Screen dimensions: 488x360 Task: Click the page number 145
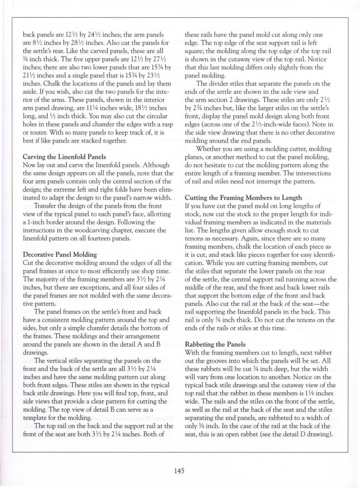(180, 470)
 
